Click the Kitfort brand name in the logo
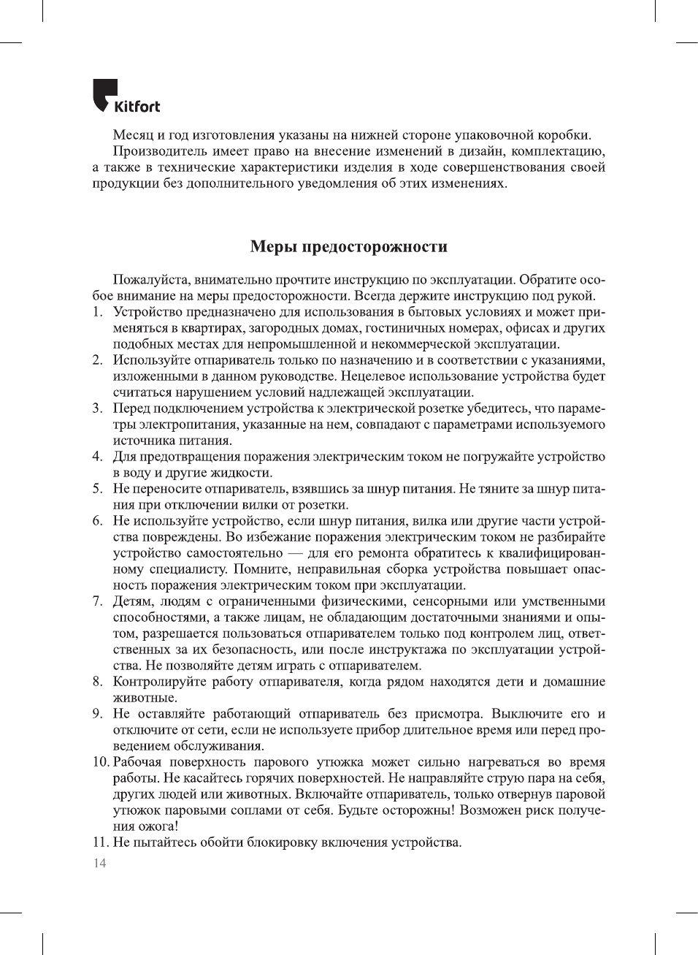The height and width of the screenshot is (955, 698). (x=137, y=107)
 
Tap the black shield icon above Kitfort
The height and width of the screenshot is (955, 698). (x=104, y=93)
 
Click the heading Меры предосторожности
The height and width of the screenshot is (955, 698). (x=349, y=246)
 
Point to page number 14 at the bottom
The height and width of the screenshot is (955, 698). (x=99, y=864)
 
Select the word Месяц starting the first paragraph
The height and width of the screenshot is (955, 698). (x=133, y=135)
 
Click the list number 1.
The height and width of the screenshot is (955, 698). (x=96, y=312)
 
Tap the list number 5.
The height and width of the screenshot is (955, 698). (x=96, y=489)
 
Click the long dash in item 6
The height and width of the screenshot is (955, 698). (x=296, y=553)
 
